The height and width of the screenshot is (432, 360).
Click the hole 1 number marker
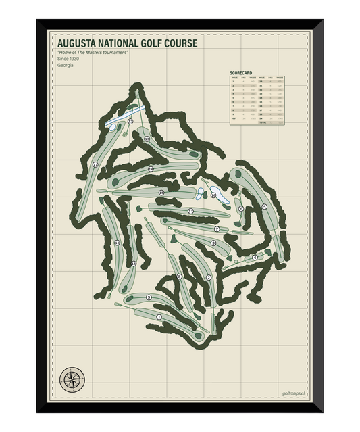159,317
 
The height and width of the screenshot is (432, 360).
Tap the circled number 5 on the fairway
264,206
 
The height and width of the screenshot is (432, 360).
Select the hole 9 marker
148,297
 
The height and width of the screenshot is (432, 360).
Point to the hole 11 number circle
95,164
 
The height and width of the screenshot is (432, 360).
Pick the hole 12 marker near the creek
130,122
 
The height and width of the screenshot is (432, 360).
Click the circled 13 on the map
147,139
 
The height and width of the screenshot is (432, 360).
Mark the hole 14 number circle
151,169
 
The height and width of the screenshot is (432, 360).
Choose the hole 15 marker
161,193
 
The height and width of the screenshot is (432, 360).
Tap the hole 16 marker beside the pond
213,195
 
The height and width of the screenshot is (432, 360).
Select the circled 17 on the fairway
190,212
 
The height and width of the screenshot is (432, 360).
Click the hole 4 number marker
255,257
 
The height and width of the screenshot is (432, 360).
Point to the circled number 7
217,229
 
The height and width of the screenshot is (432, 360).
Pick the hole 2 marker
209,278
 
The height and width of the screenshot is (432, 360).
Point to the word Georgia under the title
66,66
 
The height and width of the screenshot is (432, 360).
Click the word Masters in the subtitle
100,53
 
